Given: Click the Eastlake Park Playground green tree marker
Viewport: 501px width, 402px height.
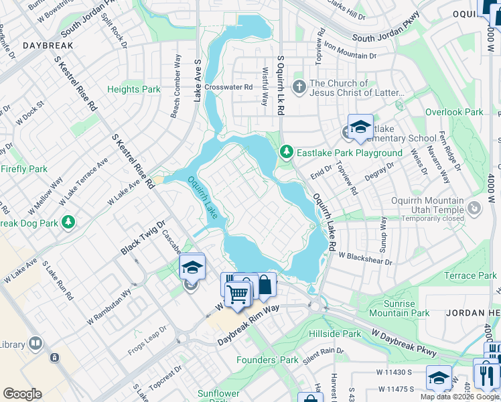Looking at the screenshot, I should [287, 153].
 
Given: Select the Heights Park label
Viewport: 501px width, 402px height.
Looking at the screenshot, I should [134, 89].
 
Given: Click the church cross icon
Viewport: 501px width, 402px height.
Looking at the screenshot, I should [299, 86].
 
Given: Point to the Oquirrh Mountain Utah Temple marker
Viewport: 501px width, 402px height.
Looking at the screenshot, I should [474, 209].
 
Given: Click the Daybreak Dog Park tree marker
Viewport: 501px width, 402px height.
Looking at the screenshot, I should [68, 222].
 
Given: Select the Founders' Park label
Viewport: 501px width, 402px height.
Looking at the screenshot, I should [267, 360].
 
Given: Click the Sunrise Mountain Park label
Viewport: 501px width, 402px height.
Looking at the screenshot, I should [399, 308].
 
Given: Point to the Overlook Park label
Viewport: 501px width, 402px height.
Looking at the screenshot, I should [453, 113].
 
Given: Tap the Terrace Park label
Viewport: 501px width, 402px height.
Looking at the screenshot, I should [470, 275].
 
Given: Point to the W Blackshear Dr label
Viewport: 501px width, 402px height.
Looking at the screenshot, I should [365, 255].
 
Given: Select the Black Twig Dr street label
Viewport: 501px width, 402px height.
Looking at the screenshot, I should [142, 239].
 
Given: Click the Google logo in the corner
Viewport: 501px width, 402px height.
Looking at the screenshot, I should [22, 393].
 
